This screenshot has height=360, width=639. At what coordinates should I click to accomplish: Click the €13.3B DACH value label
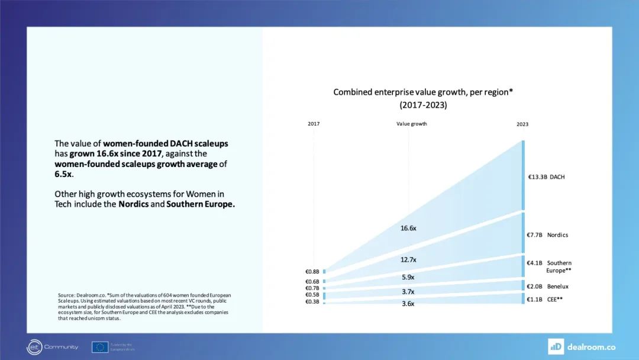coord(546,176)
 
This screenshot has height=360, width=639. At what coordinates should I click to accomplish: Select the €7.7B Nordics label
coord(547,235)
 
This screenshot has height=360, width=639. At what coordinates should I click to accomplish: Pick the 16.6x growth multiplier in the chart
coord(408,228)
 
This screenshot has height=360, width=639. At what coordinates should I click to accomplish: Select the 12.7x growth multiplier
coord(408,259)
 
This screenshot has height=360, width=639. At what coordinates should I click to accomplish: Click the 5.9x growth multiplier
coord(408,277)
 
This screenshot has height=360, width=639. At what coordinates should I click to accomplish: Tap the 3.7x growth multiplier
coord(408,291)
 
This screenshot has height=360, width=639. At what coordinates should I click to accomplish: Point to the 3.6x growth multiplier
coord(408,304)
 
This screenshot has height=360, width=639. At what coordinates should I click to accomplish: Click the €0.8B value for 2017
coord(312,272)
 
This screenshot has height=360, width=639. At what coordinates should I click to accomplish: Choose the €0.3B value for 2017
coord(312,302)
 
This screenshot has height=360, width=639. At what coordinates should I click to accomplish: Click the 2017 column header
coord(313,124)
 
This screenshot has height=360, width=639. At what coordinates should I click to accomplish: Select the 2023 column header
coord(522,124)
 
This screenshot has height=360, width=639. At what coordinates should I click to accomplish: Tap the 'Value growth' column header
coord(411,124)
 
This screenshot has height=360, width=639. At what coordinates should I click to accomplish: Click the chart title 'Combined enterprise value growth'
coord(422,92)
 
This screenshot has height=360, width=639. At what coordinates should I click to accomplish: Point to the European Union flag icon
coord(99,347)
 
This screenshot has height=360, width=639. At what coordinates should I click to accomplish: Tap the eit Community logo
coord(53,347)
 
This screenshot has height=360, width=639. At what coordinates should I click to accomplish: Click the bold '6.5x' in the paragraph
coord(63,175)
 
